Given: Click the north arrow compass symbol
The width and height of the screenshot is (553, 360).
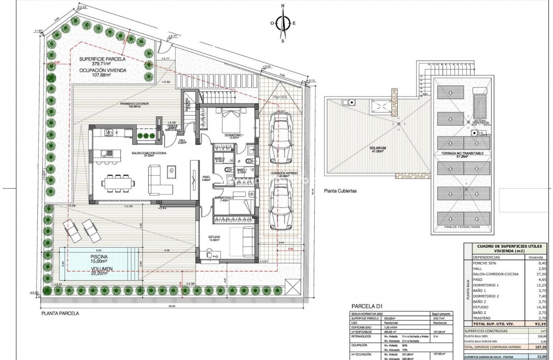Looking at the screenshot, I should [283, 23].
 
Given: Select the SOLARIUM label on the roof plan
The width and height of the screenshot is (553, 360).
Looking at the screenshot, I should [377, 148].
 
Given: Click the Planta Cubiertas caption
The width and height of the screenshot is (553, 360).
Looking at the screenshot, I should [340, 190].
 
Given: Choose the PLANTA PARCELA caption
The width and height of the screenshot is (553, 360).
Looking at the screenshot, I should [60, 313].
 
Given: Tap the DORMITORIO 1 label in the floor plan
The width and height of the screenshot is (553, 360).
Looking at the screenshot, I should [234, 135].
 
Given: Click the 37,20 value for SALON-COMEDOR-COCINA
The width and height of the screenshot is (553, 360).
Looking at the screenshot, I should [538, 274].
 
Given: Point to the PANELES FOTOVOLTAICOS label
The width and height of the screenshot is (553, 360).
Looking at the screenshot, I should [463, 227].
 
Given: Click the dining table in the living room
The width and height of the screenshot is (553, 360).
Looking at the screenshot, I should [119, 183].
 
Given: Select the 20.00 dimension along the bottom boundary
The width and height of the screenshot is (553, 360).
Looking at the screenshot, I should [172, 306].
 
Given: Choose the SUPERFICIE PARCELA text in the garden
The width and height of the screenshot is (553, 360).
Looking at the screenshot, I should [103, 59].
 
